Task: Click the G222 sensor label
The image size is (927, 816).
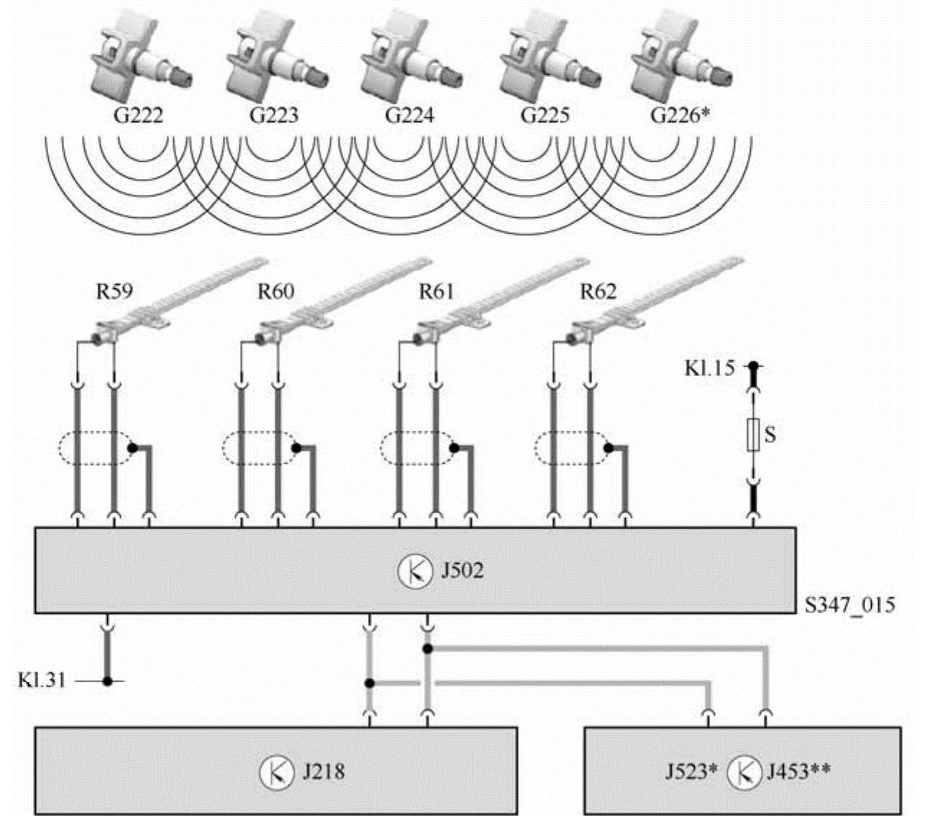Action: point(138,115)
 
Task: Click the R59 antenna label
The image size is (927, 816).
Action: point(115,291)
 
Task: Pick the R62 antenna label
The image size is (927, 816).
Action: point(598,291)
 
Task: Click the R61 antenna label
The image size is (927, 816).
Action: point(437,291)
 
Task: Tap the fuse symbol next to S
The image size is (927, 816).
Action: point(753,434)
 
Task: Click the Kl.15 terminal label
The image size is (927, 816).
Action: point(710,370)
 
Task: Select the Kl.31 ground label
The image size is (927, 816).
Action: point(42,680)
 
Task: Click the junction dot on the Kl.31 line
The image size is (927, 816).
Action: point(107,681)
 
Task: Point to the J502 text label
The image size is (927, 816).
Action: point(461,572)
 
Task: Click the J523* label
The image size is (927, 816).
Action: point(691,772)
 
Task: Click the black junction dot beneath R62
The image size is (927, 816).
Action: point(609,448)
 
